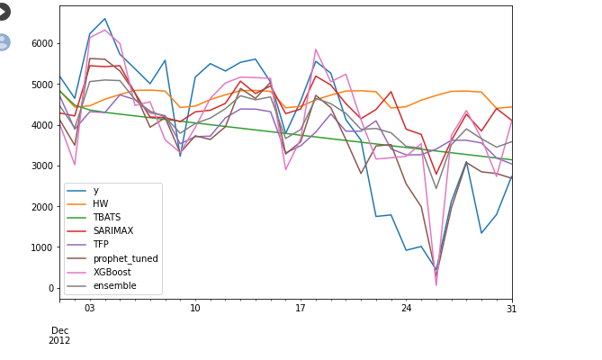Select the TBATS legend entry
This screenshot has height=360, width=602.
click(x=107, y=218)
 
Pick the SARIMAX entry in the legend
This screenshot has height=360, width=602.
click(x=112, y=231)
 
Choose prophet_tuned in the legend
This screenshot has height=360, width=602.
click(x=125, y=258)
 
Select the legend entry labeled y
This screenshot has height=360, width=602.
click(x=96, y=191)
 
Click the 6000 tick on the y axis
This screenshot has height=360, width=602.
click(x=42, y=43)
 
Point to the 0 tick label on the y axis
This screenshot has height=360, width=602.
click(x=50, y=288)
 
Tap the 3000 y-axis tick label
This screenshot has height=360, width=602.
click(x=42, y=166)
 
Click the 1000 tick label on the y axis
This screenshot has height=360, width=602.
click(x=42, y=247)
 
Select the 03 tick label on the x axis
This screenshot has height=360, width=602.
click(x=89, y=309)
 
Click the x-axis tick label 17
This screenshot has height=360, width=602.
click(x=301, y=309)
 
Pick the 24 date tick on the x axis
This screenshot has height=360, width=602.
click(x=407, y=309)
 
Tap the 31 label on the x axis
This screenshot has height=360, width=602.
click(x=511, y=309)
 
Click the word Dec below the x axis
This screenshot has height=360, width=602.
click(x=60, y=330)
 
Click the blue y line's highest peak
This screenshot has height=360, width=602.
click(x=104, y=19)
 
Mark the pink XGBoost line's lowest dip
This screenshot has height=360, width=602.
click(x=436, y=285)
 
